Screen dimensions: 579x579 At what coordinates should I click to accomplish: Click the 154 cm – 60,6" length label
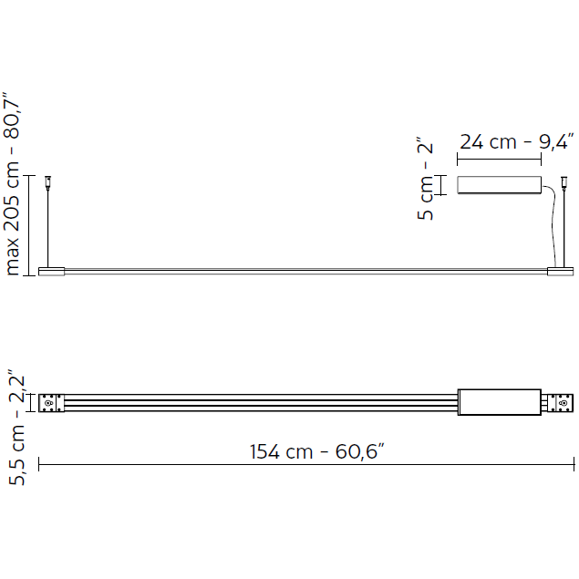[x=316, y=451]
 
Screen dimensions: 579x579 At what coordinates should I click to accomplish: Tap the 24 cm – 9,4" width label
[x=517, y=141]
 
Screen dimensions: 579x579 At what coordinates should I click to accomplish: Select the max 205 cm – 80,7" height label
[x=12, y=183]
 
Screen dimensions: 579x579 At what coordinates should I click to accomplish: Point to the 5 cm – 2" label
[x=425, y=179]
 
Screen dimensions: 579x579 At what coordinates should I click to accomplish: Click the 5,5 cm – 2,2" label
[x=16, y=427]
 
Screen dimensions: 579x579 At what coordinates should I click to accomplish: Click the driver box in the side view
[x=500, y=184]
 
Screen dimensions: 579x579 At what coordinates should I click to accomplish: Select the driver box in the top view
[x=500, y=402]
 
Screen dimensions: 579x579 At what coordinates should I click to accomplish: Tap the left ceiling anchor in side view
[x=47, y=181]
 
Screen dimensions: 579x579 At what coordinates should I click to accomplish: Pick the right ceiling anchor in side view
[x=563, y=181]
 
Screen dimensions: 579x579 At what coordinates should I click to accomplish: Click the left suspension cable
[x=48, y=227]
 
